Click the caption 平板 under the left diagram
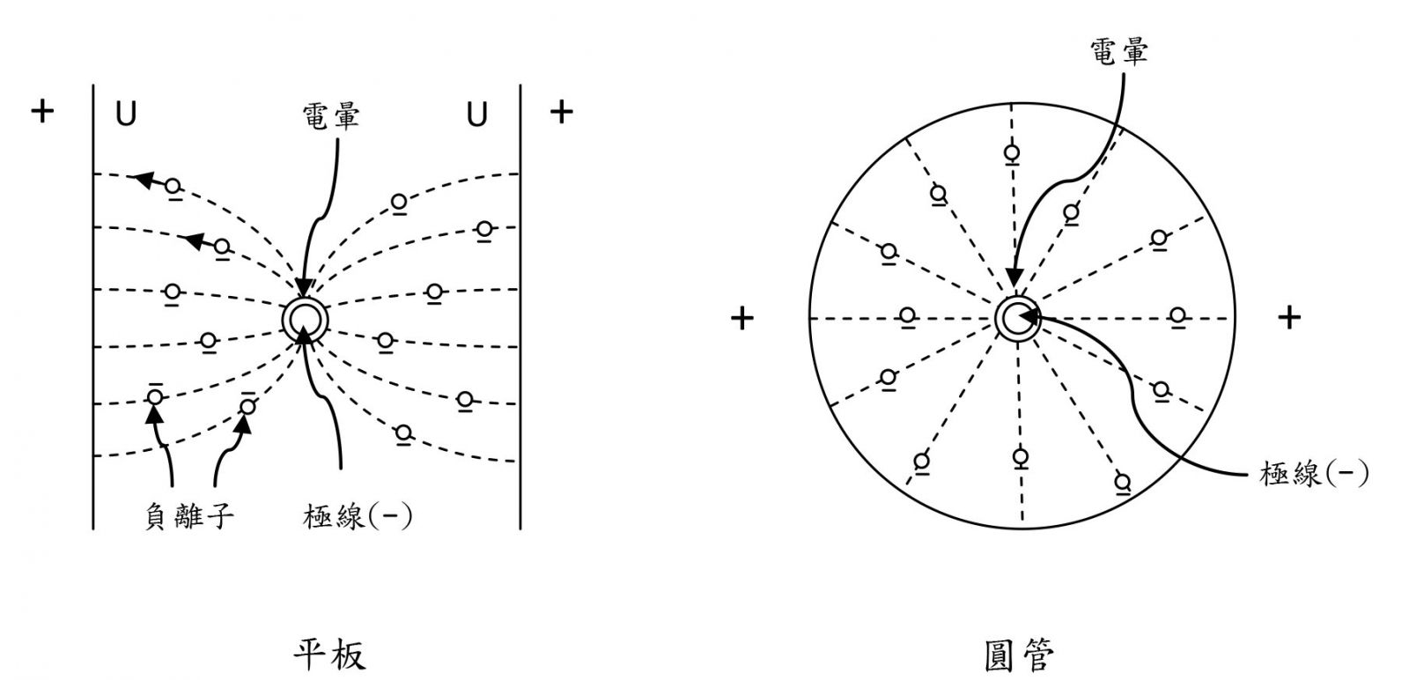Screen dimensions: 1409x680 (x=329, y=655)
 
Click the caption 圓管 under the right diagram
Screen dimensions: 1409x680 (x=1019, y=656)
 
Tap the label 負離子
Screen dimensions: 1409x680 (x=189, y=517)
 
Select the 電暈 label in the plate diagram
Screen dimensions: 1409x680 (x=331, y=116)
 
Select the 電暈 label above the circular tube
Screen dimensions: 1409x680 (x=1119, y=51)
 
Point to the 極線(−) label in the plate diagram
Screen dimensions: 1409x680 (x=358, y=517)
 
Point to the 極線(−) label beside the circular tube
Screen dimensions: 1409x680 (x=1313, y=473)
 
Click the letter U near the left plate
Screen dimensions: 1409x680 (x=126, y=115)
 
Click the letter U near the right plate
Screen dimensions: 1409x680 (x=476, y=115)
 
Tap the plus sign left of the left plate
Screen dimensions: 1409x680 (x=42, y=112)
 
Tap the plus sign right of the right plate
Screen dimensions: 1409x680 (x=561, y=112)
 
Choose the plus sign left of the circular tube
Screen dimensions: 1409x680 (x=742, y=318)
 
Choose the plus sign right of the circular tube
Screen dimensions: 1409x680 (x=1289, y=318)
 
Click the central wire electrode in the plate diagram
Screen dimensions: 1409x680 (x=305, y=320)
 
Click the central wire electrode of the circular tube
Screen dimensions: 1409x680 (x=1018, y=318)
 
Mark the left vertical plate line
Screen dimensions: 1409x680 (x=93, y=307)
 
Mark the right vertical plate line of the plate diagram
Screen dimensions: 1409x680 (x=520, y=307)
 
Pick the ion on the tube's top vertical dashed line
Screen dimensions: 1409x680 (x=1012, y=155)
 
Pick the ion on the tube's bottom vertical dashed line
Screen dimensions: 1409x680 (x=1021, y=458)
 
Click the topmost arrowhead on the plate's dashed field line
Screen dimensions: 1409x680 (x=145, y=180)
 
